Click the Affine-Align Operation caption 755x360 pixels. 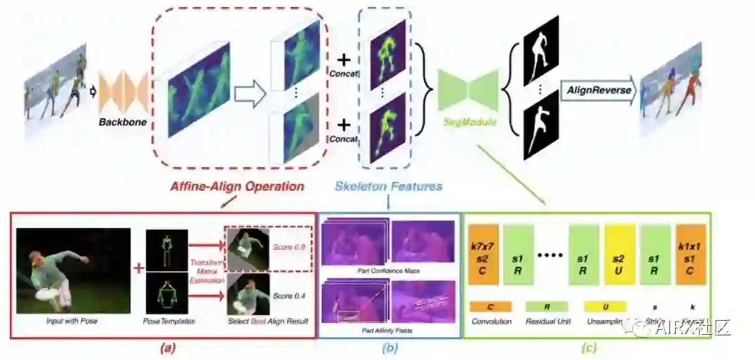[237, 187]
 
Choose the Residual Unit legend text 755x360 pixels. [547, 322]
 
